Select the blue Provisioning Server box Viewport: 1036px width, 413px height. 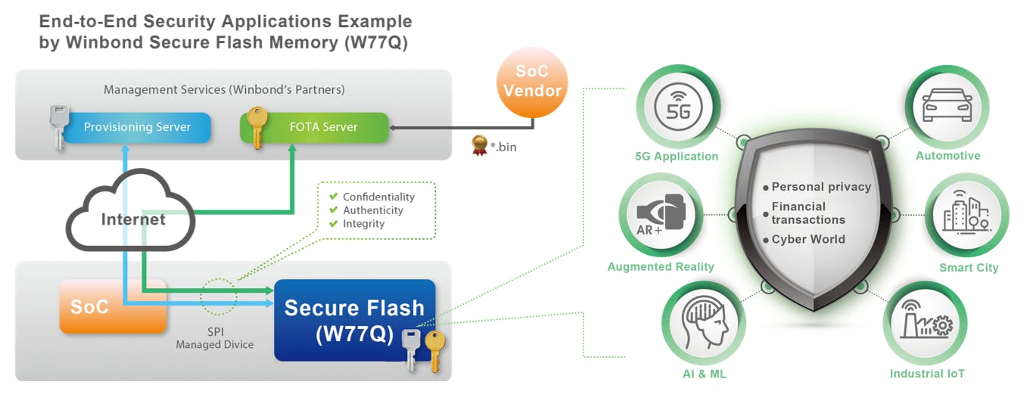tap(136, 127)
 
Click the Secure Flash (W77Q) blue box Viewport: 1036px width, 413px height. tap(353, 319)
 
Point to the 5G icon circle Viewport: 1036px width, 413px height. tap(676, 108)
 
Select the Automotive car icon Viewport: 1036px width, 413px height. tap(947, 106)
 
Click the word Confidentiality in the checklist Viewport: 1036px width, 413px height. tap(378, 197)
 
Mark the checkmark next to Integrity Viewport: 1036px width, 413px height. tap(333, 223)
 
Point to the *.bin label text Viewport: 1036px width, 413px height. tap(502, 147)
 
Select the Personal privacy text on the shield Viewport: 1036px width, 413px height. tap(821, 187)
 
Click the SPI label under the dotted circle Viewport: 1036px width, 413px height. tap(216, 331)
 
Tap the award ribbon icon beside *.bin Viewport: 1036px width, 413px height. tap(478, 144)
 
